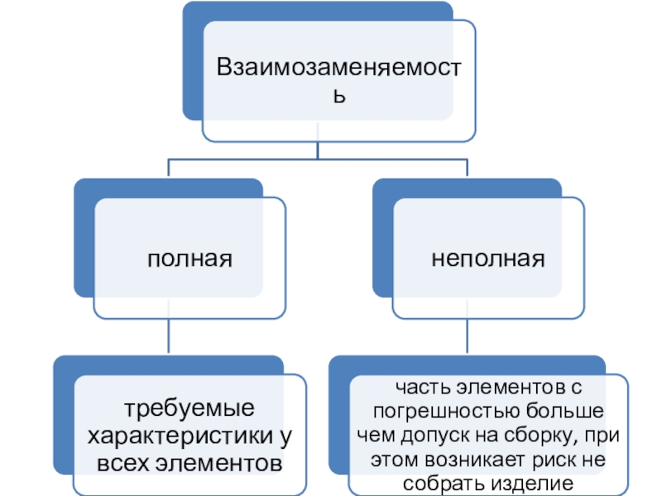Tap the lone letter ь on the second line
(338, 95)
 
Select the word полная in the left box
(189, 260)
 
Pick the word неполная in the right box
(488, 260)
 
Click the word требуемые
(189, 408)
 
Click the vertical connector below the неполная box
(468, 337)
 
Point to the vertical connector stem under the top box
(319, 149)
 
